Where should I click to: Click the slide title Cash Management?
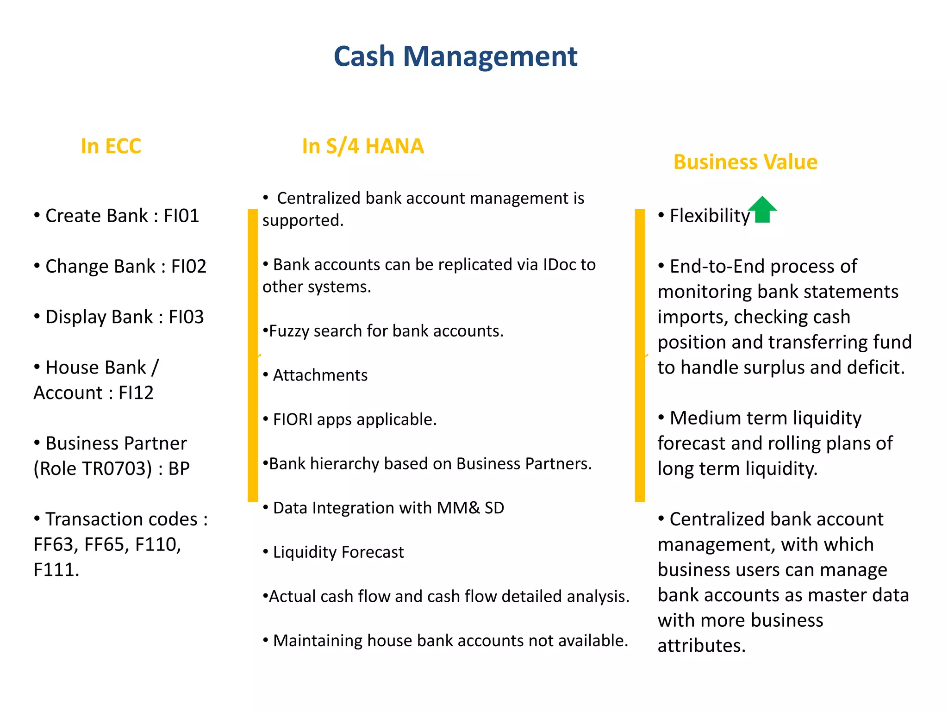coord(455,56)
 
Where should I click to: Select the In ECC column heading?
coord(111,146)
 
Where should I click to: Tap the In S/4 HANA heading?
coord(363,146)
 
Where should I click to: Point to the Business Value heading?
coord(745,162)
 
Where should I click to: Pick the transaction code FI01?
coord(181,216)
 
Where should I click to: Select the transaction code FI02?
coord(188,267)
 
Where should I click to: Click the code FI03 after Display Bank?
coord(186,317)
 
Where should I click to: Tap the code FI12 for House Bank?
coord(136,393)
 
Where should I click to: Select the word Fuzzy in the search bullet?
coord(289,331)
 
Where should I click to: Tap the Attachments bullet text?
coord(320,375)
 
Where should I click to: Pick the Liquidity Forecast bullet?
coord(338,552)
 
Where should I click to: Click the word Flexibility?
coord(710,216)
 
